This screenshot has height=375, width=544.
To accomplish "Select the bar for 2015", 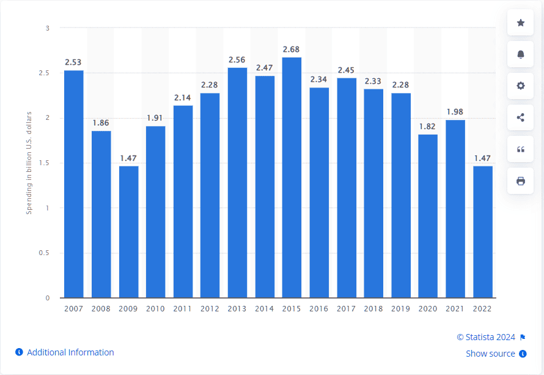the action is pos(292,177).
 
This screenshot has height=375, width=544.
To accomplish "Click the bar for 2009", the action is pos(129,232).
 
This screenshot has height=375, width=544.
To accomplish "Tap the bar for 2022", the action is pos(483,232).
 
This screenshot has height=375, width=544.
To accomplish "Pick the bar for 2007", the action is pos(74,184).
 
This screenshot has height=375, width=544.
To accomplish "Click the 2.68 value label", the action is pos(291,50).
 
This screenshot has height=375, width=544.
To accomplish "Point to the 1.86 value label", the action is pos(101,123).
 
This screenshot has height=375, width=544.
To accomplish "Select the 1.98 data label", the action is pos(455,112).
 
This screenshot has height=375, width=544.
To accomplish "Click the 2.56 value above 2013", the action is pos(237,60).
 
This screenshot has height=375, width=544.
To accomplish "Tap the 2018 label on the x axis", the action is pos(373,309).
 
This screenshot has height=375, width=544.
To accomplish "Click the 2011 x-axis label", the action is pos(183,309).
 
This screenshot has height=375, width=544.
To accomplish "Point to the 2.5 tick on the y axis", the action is pos(44,73).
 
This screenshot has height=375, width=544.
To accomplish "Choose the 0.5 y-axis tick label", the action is pos(44,253).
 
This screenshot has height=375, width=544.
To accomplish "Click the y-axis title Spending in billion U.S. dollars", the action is pos(29,163).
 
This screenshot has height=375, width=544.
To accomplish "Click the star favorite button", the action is pos(520,23).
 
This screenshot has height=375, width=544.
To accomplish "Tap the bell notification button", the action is pos(520,54).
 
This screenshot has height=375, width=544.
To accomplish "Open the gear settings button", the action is pos(520,86).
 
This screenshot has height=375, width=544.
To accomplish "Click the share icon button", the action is pos(520,117).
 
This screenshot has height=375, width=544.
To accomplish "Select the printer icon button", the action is pos(520,181).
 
